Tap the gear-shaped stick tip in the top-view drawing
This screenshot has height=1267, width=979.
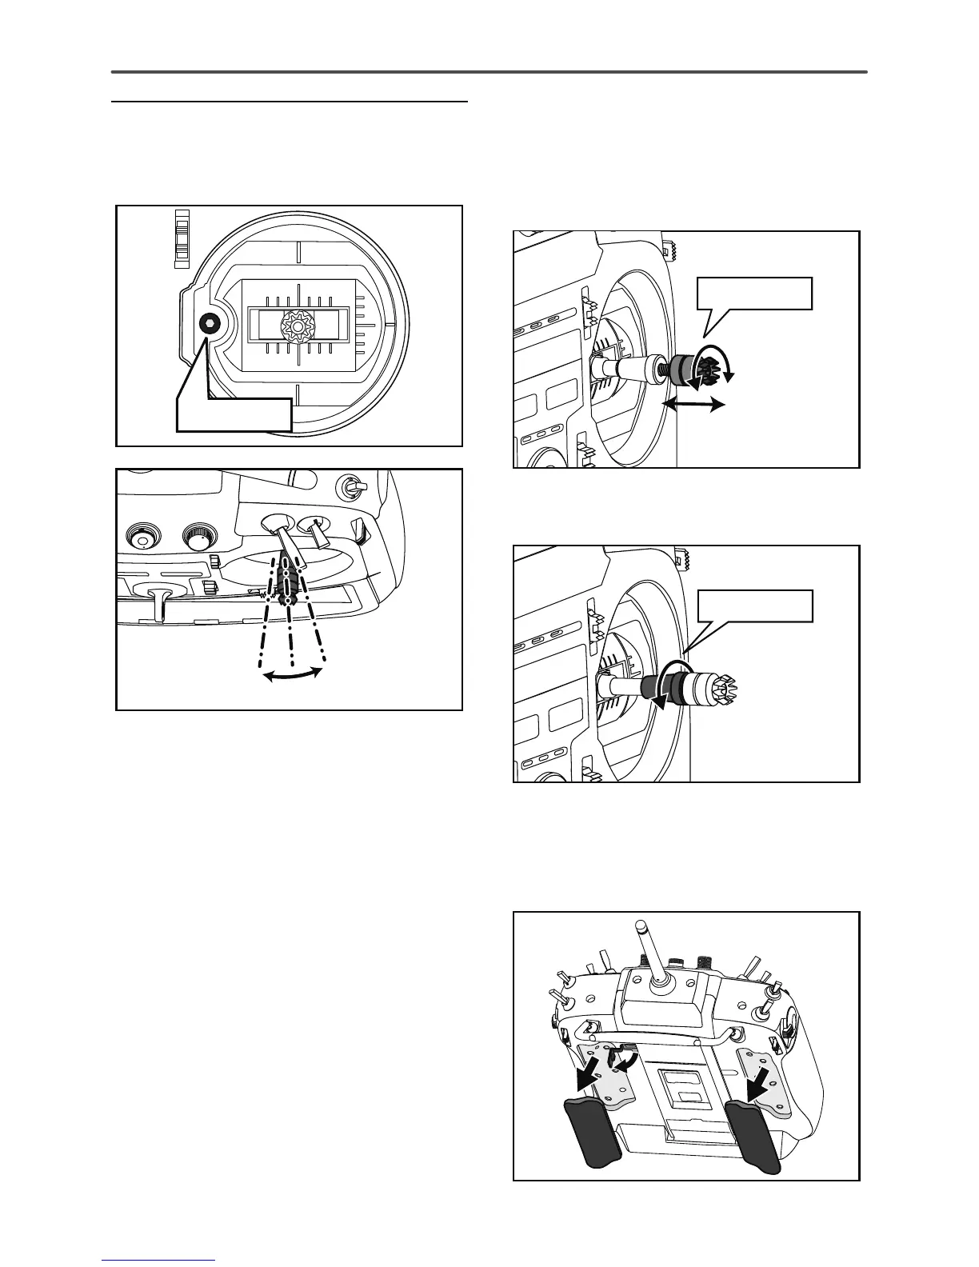click(x=295, y=325)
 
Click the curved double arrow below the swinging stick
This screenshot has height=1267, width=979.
click(x=293, y=675)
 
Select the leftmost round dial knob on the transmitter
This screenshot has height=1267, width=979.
click(x=143, y=538)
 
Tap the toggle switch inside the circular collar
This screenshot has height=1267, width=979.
click(x=350, y=486)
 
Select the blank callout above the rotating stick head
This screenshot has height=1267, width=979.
click(x=755, y=293)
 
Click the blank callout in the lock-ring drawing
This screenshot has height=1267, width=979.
click(x=755, y=606)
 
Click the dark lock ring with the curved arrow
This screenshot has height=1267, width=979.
click(x=665, y=686)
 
